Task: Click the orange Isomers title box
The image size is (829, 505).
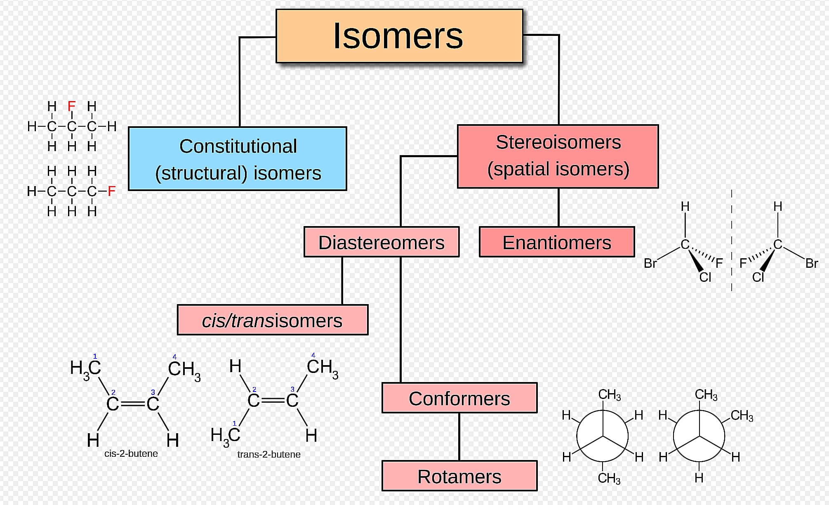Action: (x=399, y=36)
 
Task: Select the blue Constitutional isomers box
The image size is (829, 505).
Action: (x=238, y=159)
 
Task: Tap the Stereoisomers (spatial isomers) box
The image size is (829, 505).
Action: (x=558, y=156)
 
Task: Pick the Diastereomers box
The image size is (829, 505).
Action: (x=381, y=242)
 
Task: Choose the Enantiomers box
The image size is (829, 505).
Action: (x=556, y=242)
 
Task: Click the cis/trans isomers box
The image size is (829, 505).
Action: (x=272, y=320)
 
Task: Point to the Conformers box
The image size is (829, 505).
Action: (x=459, y=398)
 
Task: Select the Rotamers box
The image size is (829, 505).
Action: (x=459, y=476)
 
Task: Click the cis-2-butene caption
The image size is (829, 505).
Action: (x=131, y=453)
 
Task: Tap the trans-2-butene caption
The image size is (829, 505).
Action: (x=269, y=454)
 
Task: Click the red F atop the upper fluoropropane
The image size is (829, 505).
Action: (x=72, y=106)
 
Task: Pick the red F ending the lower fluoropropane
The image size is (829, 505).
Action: (x=111, y=191)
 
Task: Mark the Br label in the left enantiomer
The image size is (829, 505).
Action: (x=650, y=263)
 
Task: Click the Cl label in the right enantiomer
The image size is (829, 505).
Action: (x=758, y=277)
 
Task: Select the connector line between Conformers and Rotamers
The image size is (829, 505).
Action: (x=459, y=437)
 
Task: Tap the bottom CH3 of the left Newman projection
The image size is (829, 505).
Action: (x=609, y=478)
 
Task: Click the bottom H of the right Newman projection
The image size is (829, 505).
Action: (x=699, y=478)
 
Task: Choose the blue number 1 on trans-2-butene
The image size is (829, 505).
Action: (x=234, y=423)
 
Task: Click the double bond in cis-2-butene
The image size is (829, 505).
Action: (x=132, y=404)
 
